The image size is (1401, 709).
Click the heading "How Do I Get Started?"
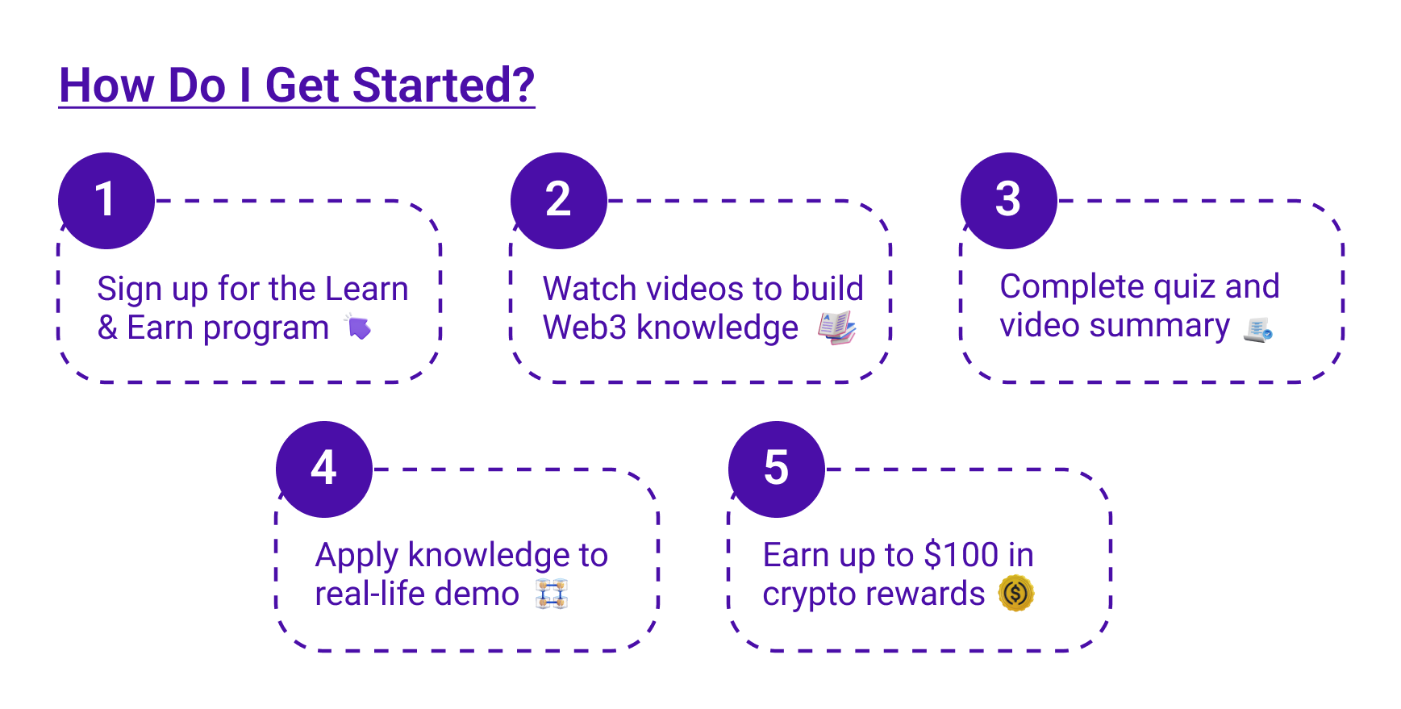pyautogui.click(x=297, y=85)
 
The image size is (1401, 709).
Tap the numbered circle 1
pyautogui.click(x=106, y=201)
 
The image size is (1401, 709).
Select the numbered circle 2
pyautogui.click(x=559, y=201)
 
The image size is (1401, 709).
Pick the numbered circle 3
pyautogui.click(x=1009, y=201)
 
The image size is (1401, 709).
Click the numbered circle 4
pyautogui.click(x=324, y=469)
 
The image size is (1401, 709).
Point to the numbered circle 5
pyautogui.click(x=777, y=469)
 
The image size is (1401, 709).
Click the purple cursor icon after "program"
pyautogui.click(x=357, y=327)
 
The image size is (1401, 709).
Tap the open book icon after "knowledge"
pyautogui.click(x=836, y=327)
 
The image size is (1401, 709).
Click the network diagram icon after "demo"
pyautogui.click(x=552, y=594)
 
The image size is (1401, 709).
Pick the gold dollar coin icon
pyautogui.click(x=1016, y=594)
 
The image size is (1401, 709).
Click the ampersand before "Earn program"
pyautogui.click(x=107, y=327)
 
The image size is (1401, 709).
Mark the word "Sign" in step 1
pyautogui.click(x=129, y=290)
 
